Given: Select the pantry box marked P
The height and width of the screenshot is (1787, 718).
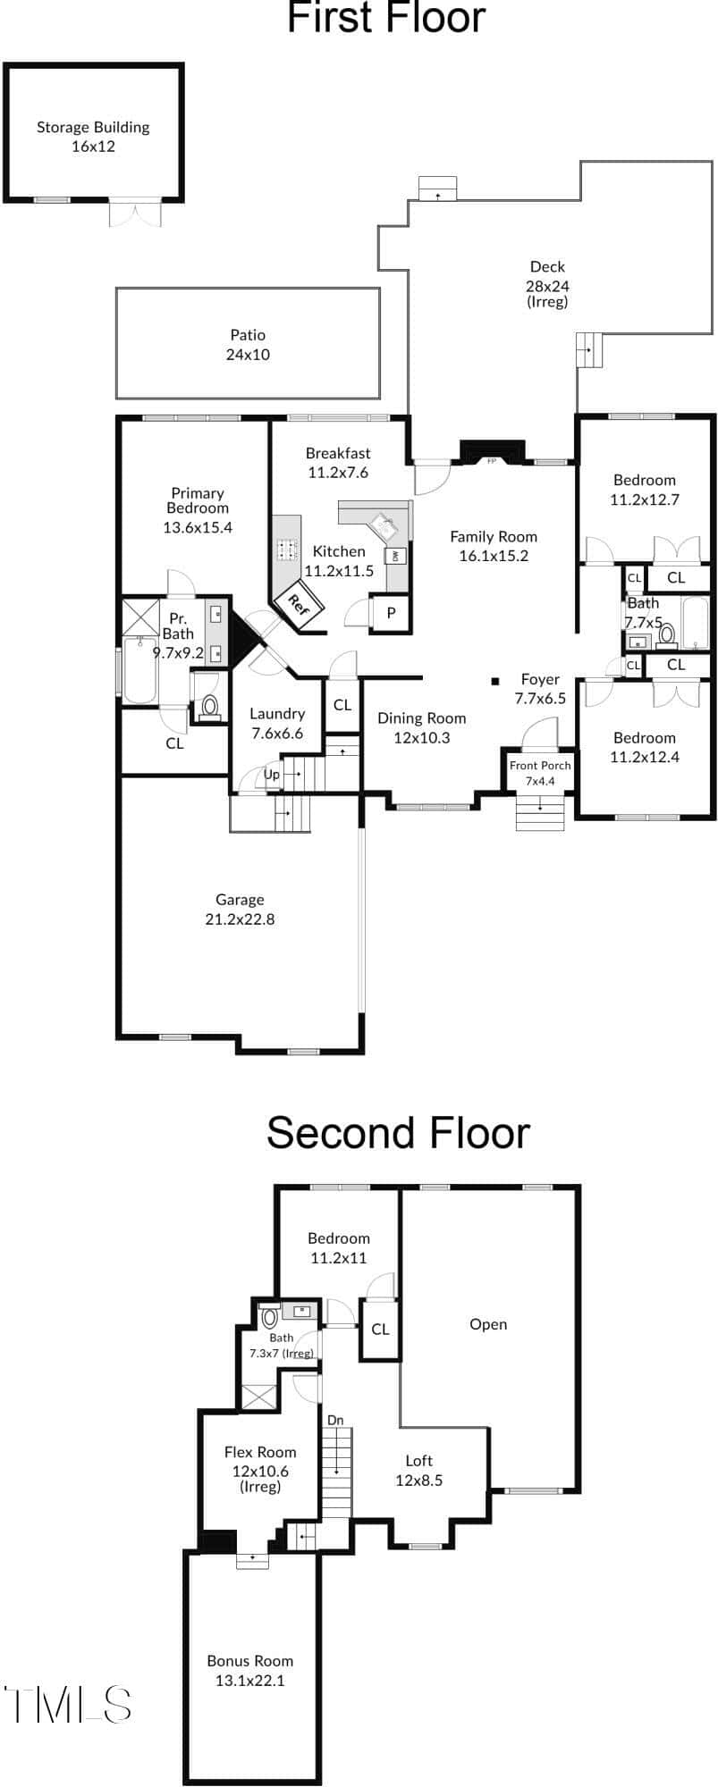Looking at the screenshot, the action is [x=391, y=614].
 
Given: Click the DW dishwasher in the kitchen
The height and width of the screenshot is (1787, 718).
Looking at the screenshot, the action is [x=394, y=556].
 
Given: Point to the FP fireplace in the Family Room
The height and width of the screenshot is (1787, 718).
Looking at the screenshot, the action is [x=491, y=452].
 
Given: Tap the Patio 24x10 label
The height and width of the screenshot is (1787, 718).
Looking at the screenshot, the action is [x=248, y=344].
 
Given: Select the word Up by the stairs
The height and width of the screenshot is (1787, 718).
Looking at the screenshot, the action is [x=272, y=775].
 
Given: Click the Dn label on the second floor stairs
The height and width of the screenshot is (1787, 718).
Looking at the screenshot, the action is [x=335, y=1420].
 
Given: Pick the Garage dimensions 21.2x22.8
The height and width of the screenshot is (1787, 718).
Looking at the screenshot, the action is [x=240, y=919].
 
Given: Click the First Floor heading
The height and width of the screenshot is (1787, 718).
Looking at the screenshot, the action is [x=386, y=17].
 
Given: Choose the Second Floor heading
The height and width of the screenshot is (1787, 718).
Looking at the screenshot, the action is [x=398, y=1132].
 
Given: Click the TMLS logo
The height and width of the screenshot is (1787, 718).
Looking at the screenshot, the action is [x=68, y=1704].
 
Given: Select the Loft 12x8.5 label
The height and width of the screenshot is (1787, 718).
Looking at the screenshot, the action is [x=419, y=1470].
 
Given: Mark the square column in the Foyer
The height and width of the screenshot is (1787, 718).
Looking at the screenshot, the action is [x=494, y=682].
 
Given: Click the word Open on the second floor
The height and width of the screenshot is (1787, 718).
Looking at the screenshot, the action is [x=488, y=1324].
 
